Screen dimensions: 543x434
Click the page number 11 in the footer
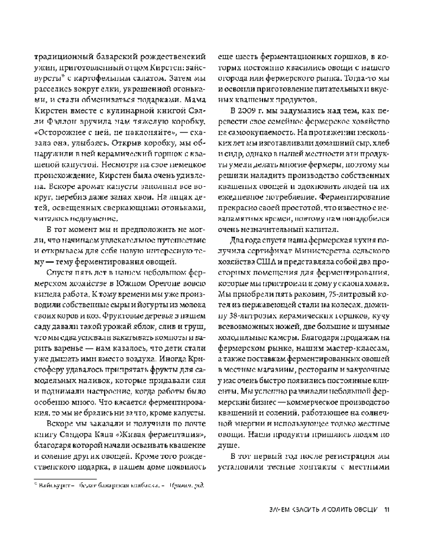click(x=387, y=509)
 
